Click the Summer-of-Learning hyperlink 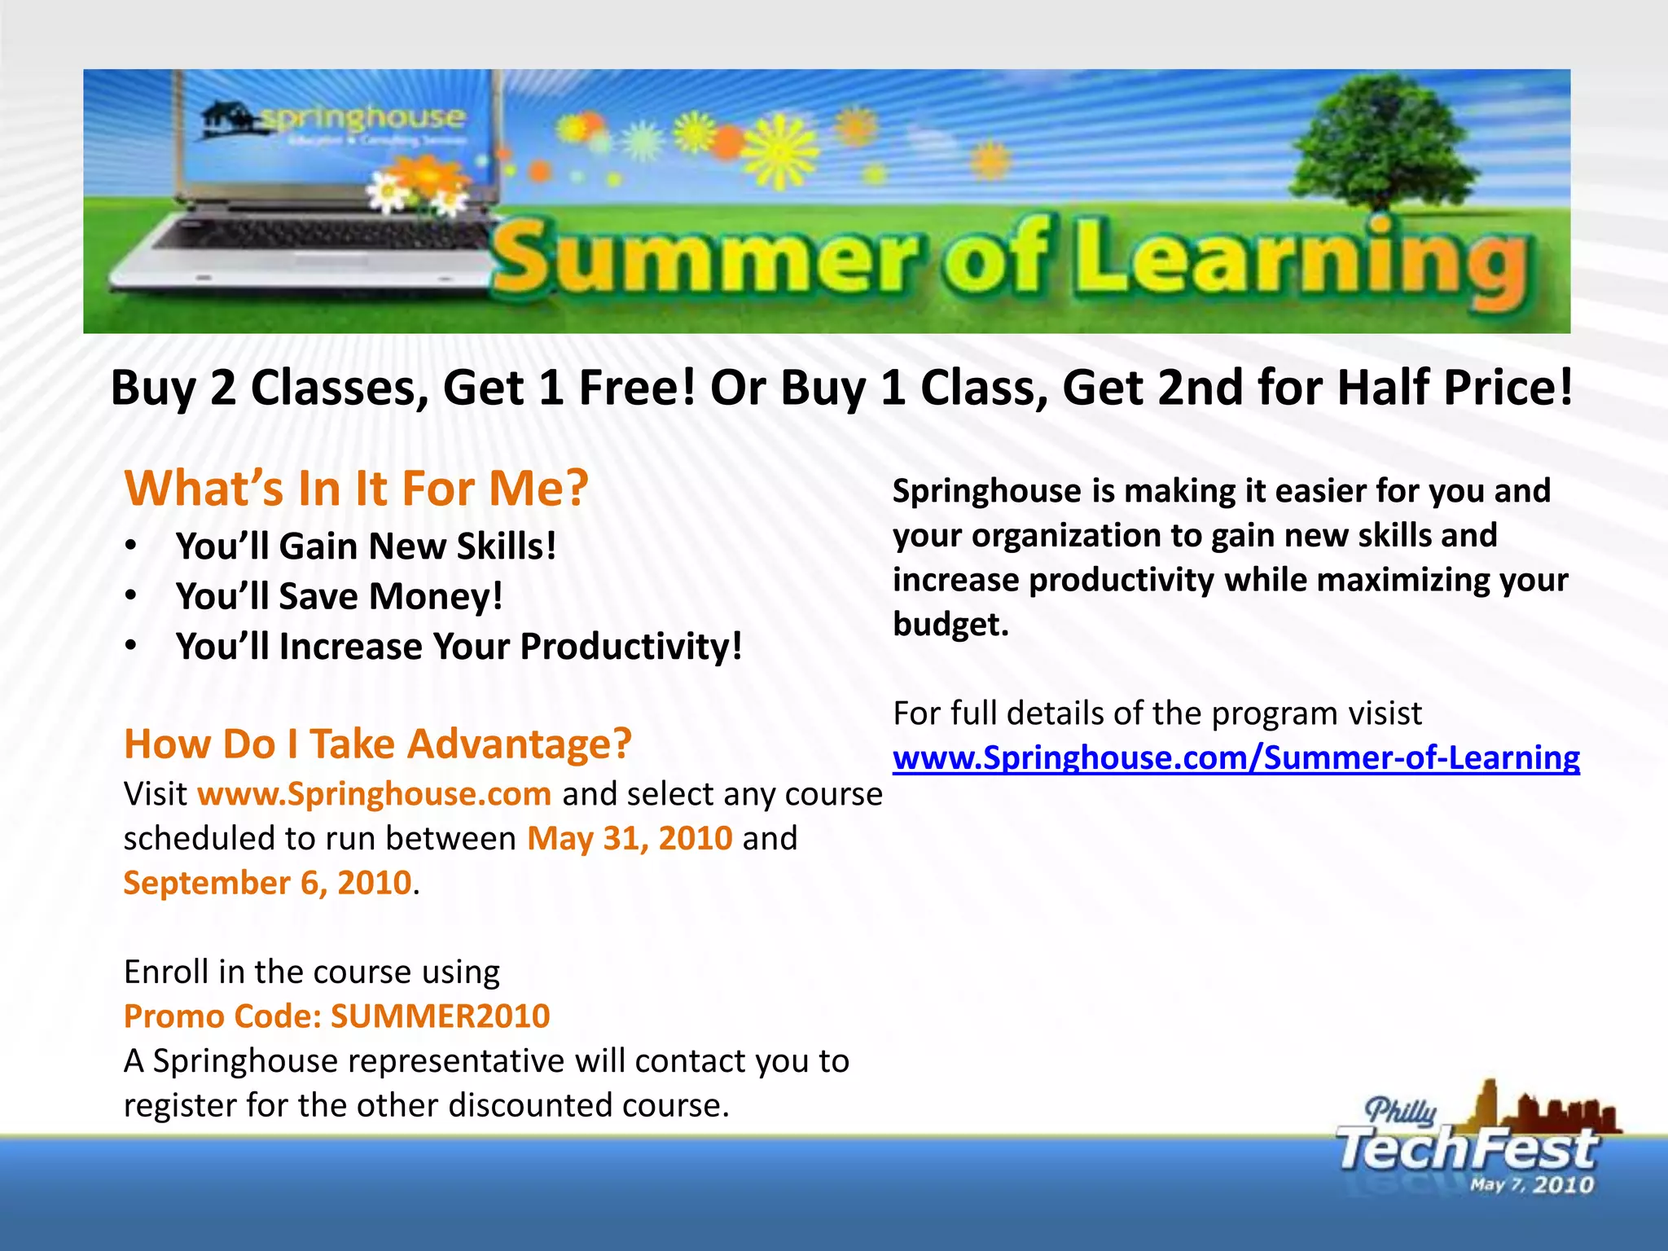point(1236,758)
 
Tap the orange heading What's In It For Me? point(356,489)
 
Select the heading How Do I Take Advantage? point(377,744)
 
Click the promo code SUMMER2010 point(440,1016)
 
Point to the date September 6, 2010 point(268,883)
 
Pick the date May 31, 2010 point(630,838)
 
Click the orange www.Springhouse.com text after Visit point(375,794)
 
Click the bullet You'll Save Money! point(339,596)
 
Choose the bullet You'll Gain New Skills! point(366,546)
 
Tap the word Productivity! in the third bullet point(631,647)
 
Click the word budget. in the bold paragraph point(950,625)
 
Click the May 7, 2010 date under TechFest point(1531,1185)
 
